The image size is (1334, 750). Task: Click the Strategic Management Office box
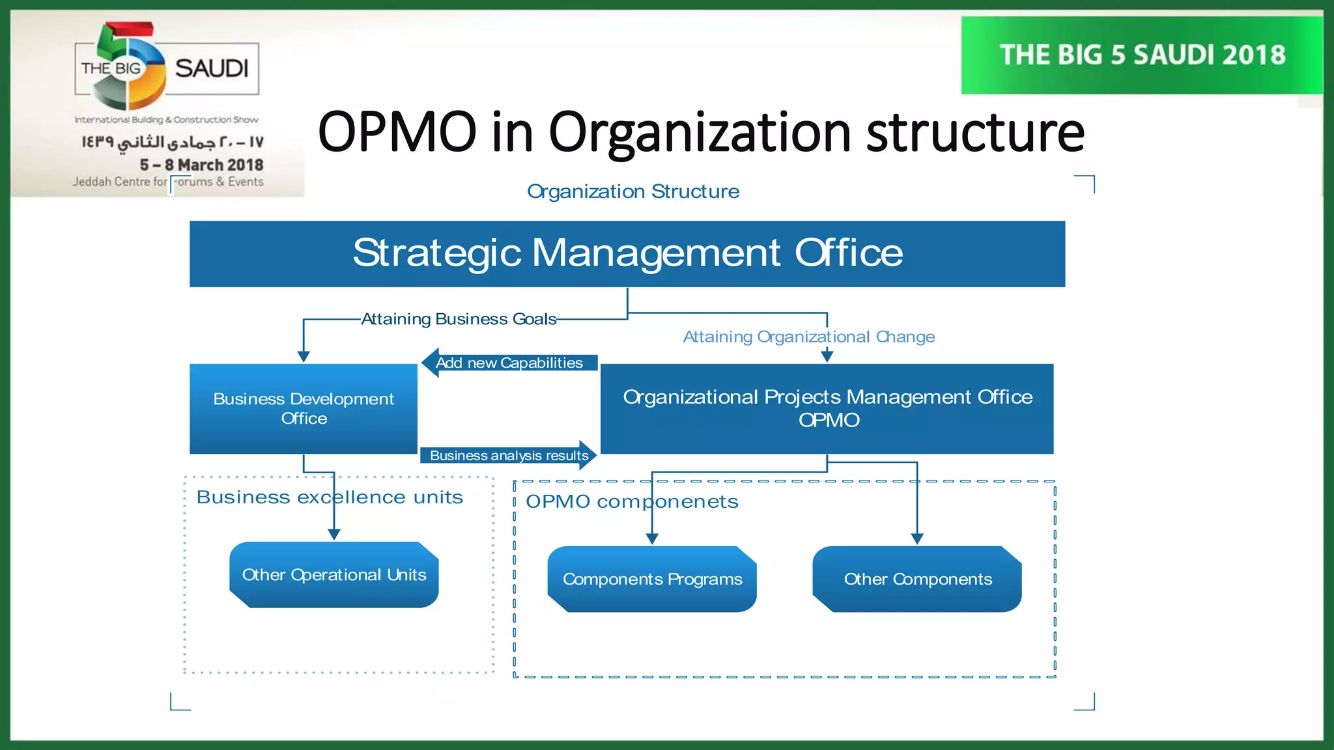coord(627,254)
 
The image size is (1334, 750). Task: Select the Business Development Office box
coord(304,408)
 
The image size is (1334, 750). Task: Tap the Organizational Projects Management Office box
coord(827,408)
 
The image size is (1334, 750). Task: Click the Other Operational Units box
coord(334,575)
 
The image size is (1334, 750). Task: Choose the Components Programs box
coord(652,579)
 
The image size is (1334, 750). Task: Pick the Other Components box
coord(917,579)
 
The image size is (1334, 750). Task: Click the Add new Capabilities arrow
coord(509,363)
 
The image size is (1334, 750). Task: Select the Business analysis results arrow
coord(509,455)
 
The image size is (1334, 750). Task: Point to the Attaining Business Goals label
coord(459,319)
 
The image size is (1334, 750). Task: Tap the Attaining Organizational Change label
coord(808,337)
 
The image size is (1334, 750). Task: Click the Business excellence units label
coord(330,497)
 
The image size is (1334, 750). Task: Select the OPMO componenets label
coord(632,502)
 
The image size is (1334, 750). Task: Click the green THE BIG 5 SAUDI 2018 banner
coord(1142,55)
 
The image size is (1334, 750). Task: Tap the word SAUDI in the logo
coord(212,68)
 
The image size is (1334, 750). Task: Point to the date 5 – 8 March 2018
coord(201,165)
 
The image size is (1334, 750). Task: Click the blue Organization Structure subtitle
coord(632,191)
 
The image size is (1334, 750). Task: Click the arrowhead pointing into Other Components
coord(917,538)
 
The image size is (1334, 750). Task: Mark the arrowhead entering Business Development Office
coord(304,356)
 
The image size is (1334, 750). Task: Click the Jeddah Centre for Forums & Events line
coord(168,182)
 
